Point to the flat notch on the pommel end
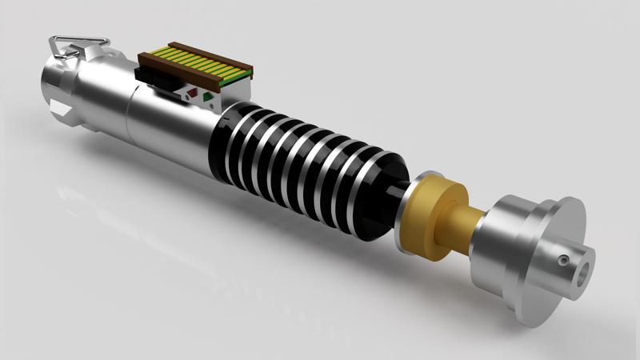tap(54, 104)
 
